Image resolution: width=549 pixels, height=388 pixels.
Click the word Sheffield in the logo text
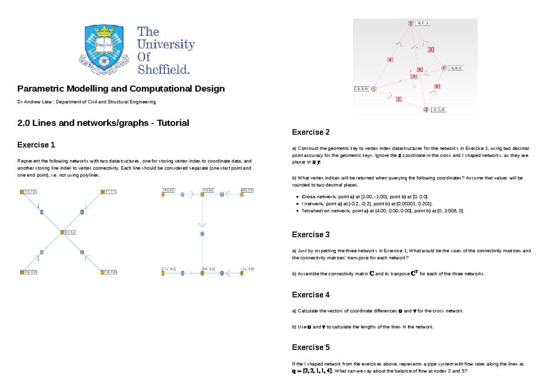coord(163,70)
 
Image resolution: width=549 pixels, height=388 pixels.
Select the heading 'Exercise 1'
coord(36,145)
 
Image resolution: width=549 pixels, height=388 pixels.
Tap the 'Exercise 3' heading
coord(311,235)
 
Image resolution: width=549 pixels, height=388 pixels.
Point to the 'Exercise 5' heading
coord(311,347)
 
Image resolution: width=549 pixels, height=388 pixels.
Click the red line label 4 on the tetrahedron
coord(390,59)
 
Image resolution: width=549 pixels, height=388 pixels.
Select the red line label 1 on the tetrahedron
coord(399,98)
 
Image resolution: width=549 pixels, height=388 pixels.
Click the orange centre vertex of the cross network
coord(62,232)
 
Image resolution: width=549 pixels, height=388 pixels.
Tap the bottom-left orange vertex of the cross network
coord(22,272)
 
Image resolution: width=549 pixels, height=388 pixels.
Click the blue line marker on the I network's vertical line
coord(202,234)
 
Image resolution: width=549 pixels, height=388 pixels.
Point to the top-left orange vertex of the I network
coord(163,194)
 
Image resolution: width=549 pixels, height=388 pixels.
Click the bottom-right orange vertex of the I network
coord(241,273)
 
